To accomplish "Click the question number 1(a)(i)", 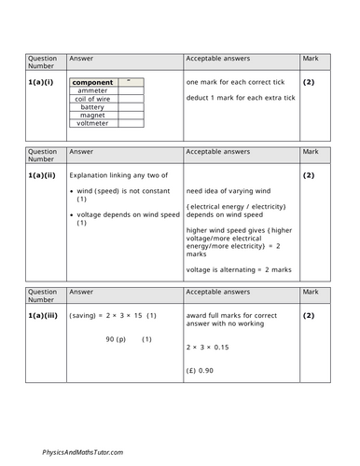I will pos(41,81).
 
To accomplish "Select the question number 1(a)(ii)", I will pos(43,174).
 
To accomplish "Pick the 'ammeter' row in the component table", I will pos(92,90).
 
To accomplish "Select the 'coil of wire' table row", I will pos(92,99).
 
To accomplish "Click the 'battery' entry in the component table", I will pos(92,107).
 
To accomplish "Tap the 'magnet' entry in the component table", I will pos(92,116).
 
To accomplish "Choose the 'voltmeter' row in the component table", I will pos(92,124).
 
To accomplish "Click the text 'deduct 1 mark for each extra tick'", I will pos(234,97).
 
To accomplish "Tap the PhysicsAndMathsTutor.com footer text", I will pos(82,452).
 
